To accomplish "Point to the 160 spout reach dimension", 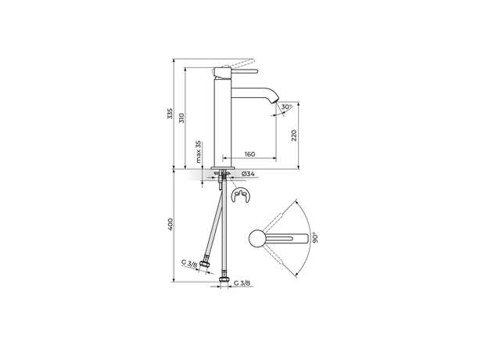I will click(249, 154).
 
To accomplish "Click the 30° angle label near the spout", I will click(287, 107).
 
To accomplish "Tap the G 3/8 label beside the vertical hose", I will click(242, 284).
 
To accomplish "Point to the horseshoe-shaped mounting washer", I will click(241, 197).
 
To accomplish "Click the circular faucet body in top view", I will click(258, 238).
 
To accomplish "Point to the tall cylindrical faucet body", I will click(222, 117).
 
